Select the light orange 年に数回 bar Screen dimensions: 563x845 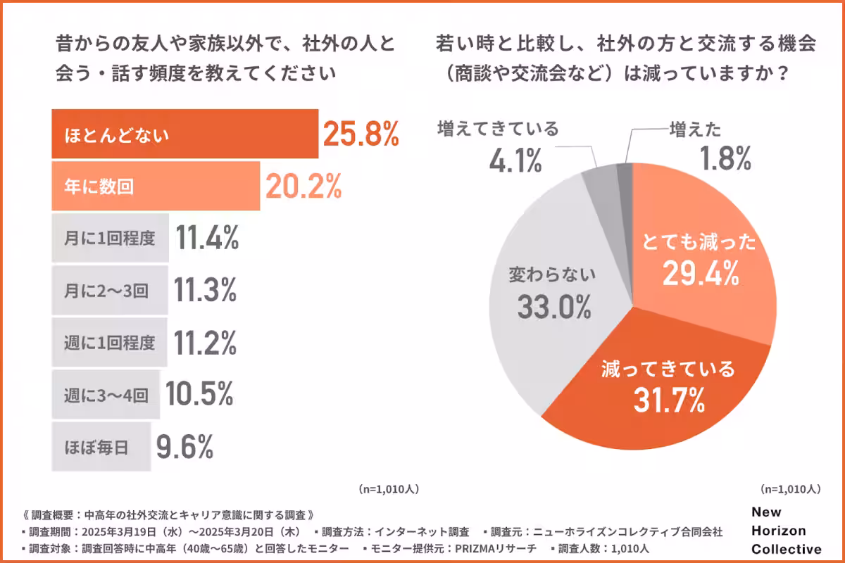point(156,186)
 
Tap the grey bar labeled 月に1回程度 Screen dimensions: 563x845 point(110,238)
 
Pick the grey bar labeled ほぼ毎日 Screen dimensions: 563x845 point(101,446)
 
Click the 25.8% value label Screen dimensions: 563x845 point(361,133)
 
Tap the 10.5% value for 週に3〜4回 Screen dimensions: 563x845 point(199,395)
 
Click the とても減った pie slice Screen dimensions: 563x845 point(704,260)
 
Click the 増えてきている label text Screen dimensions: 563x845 point(498,129)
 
